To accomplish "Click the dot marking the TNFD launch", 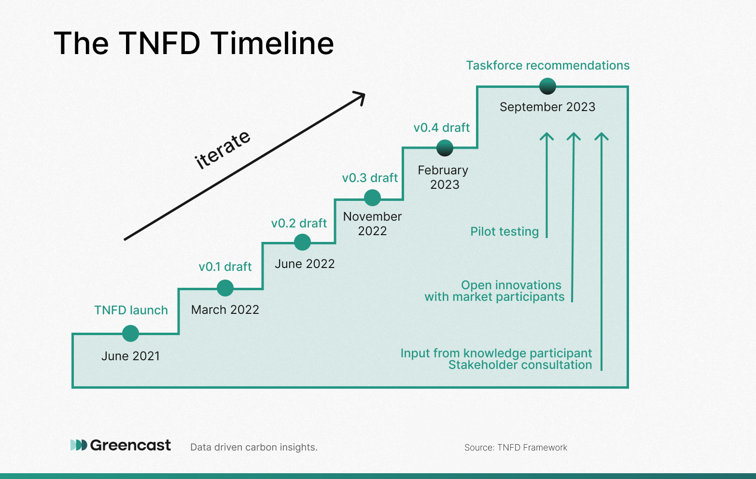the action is coord(130,334).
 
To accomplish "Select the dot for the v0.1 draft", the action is coord(225,288).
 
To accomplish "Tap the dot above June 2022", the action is coord(302,242).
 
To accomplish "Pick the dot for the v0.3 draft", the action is coord(372,197).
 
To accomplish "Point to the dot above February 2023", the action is coord(445,148).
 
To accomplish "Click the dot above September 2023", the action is coord(547,86).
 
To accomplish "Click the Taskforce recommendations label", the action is coord(548,65).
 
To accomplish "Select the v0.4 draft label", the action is coord(441,127).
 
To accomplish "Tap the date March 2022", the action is coord(225,310).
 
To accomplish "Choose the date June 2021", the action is coord(131,356).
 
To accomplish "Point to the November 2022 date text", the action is coord(372,224).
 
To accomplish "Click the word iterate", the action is coord(223,150).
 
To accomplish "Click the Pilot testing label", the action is coord(504,232).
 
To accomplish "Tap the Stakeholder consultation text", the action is coord(520,365).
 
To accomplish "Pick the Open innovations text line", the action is coord(511,285).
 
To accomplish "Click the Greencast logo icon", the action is coord(79,445).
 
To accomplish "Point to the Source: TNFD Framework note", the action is coord(516,447).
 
